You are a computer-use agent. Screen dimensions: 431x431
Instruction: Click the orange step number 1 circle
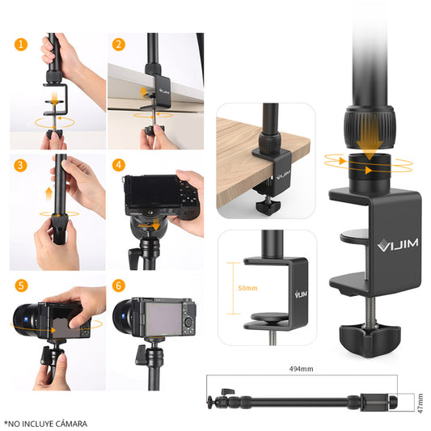21,44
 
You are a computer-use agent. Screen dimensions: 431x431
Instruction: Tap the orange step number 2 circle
119,44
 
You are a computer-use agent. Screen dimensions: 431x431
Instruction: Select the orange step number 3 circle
20,166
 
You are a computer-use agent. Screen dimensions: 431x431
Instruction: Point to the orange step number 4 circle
119,165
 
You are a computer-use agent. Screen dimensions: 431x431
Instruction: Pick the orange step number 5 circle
21,286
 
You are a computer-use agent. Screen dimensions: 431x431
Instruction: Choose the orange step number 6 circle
119,286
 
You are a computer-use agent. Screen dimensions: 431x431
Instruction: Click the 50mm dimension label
247,288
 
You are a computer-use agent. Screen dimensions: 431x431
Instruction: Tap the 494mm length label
301,369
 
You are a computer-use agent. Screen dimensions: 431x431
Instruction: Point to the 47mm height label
420,404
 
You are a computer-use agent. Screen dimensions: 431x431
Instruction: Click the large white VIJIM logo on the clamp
398,244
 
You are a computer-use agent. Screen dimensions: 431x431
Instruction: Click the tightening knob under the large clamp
370,340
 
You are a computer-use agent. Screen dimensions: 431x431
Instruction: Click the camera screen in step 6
163,319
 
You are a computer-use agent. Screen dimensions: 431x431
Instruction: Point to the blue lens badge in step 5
25,320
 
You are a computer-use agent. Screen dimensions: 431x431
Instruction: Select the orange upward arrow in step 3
49,194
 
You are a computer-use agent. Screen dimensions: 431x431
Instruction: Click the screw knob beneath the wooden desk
268,206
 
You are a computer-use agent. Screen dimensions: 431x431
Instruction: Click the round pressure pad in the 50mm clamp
269,317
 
